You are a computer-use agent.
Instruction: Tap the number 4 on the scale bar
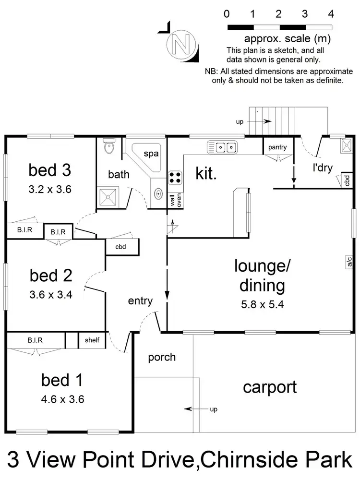[331, 14]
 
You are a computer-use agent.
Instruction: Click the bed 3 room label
[50, 170]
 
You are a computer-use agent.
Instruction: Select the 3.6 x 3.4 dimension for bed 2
[50, 295]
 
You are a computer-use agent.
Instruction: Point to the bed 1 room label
[62, 381]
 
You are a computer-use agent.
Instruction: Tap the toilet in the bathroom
[109, 146]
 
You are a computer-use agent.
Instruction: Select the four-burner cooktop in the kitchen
[175, 178]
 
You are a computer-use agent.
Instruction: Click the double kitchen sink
[222, 146]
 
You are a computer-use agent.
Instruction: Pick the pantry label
[277, 147]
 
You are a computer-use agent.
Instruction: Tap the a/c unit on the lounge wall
[349, 262]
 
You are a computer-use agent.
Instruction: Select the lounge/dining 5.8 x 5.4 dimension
[259, 304]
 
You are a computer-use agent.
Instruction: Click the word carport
[269, 387]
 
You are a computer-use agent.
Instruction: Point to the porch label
[161, 357]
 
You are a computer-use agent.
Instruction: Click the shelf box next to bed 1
[92, 340]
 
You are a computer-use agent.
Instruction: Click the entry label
[140, 301]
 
